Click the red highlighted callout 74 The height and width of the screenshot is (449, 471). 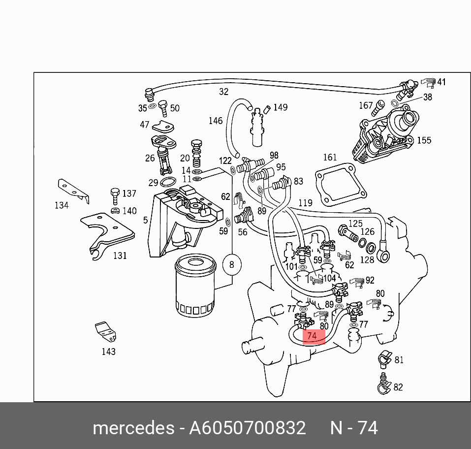tap(312, 336)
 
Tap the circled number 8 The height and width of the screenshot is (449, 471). tap(232, 265)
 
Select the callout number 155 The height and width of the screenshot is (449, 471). tap(424, 140)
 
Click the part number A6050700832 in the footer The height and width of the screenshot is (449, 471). tap(248, 428)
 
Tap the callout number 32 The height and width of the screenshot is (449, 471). tap(224, 92)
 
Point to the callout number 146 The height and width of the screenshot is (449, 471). tap(216, 121)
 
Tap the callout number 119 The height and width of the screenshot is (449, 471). tap(305, 203)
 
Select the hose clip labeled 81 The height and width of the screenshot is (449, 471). tap(384, 359)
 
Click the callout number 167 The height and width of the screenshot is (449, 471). tap(366, 105)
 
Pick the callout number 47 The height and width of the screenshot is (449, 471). tap(144, 125)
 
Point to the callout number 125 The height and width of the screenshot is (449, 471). tap(355, 224)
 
